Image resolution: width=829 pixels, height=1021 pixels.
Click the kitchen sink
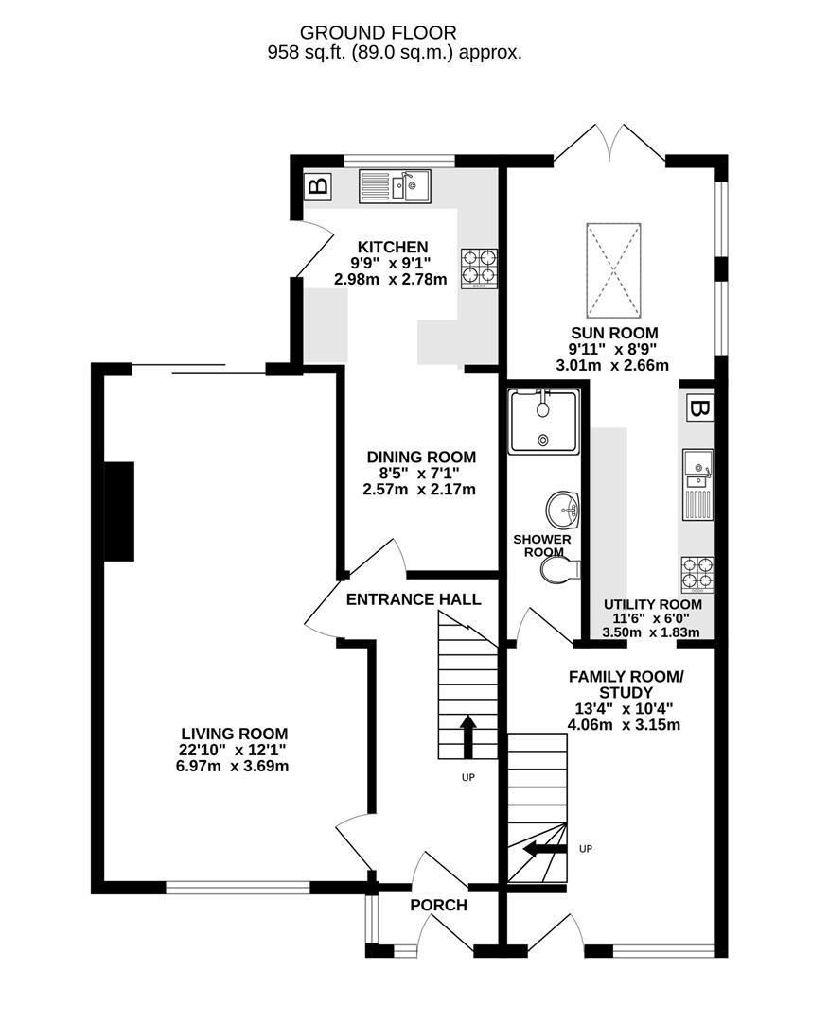[395, 186]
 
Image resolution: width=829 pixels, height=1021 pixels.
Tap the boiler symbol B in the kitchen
[318, 187]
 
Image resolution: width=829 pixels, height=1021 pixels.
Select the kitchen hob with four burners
[479, 268]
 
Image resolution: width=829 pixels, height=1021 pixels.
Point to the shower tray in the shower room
[543, 421]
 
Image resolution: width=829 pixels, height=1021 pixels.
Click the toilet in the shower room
[560, 570]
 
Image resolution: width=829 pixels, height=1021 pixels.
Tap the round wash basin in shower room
[562, 510]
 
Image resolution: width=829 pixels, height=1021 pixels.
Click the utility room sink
[697, 484]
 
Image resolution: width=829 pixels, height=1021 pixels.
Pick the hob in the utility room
[697, 575]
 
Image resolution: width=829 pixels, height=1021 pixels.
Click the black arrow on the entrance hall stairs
[467, 736]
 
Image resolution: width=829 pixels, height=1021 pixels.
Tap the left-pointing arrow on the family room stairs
[545, 848]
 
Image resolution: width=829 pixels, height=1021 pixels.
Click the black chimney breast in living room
[119, 511]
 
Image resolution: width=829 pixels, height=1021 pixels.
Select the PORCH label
[438, 905]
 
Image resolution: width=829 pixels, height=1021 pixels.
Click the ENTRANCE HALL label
[414, 599]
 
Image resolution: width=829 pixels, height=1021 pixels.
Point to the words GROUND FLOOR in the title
[378, 32]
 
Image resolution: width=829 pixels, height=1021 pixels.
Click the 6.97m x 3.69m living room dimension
[232, 766]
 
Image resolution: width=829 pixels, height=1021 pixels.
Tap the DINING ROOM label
[421, 458]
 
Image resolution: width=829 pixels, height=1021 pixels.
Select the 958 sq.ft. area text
[307, 53]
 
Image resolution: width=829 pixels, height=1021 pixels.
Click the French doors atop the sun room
[609, 142]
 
